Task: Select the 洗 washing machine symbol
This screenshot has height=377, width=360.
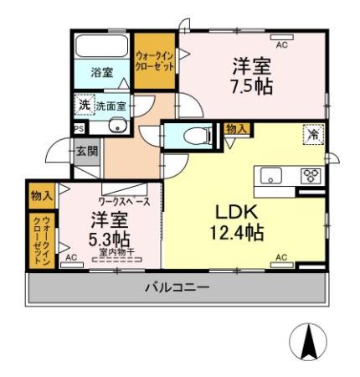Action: click(83, 105)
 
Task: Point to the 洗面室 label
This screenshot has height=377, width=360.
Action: click(111, 106)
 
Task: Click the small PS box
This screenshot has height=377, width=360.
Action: click(79, 128)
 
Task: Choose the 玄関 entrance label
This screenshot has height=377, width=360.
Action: click(87, 151)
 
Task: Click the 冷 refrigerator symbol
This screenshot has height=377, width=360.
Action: click(311, 134)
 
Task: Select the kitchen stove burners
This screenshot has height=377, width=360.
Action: click(311, 175)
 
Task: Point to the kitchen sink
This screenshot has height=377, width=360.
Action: click(272, 175)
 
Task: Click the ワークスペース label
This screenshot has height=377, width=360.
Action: click(124, 202)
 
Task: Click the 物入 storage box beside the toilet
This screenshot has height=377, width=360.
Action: click(236, 129)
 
